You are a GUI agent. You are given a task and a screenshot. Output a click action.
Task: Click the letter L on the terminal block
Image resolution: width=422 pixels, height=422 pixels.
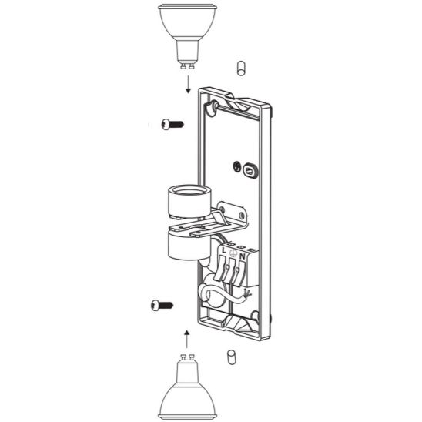tap(224, 250)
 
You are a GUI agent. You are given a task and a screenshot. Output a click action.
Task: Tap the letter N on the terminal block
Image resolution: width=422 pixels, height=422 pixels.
tap(243, 256)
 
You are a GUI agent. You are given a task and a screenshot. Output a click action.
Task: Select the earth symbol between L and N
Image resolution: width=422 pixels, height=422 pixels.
tap(233, 253)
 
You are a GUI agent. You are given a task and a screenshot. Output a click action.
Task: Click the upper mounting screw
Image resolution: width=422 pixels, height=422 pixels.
tap(172, 124)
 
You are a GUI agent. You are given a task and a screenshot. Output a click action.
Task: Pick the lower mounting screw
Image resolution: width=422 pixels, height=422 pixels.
tap(162, 306)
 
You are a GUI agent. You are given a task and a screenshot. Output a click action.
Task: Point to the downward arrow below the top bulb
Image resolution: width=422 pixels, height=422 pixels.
tap(188, 84)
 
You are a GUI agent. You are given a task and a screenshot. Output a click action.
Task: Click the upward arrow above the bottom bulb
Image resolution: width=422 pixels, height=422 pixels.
tap(186, 340)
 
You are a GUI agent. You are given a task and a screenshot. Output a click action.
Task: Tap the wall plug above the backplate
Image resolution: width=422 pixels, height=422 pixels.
tap(241, 69)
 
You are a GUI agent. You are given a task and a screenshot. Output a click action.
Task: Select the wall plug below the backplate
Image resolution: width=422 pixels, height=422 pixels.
tap(232, 357)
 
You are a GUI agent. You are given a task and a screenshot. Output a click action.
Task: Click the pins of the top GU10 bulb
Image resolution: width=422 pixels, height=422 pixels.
tap(187, 65)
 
